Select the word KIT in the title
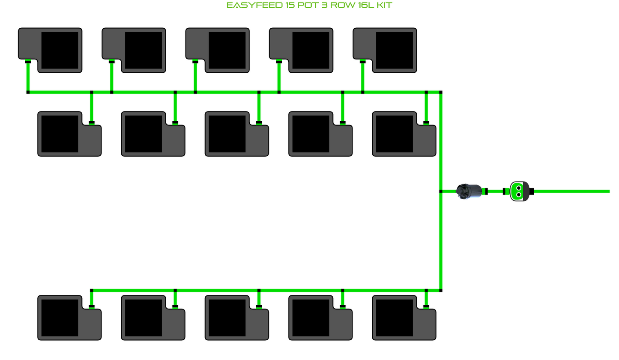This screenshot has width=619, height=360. [x=384, y=6]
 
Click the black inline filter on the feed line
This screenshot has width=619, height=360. [x=469, y=191]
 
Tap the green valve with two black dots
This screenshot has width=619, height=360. [x=519, y=191]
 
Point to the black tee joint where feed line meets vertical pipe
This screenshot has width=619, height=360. [x=441, y=191]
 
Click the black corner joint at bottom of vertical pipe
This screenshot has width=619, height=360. [x=441, y=291]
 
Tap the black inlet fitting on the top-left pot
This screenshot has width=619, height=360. [x=28, y=62]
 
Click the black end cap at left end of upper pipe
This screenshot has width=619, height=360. [x=28, y=92]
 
